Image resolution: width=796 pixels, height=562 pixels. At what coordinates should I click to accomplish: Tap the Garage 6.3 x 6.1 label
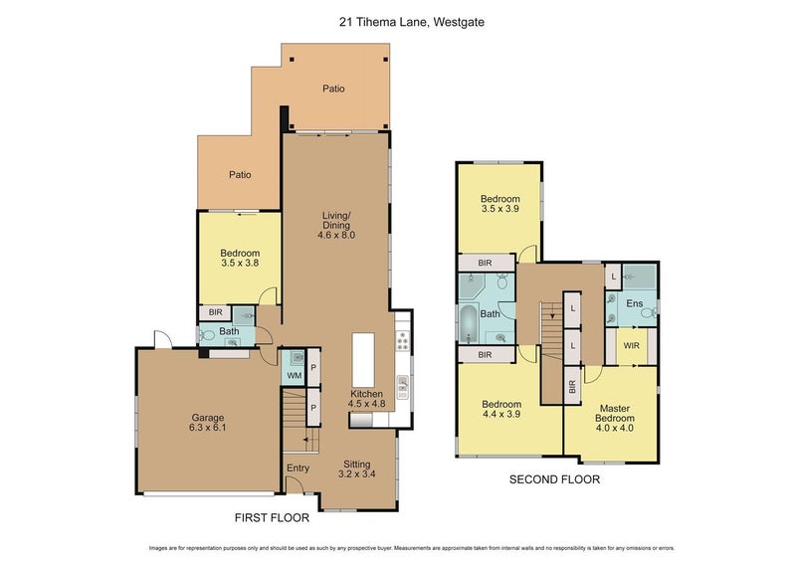[x=208, y=423]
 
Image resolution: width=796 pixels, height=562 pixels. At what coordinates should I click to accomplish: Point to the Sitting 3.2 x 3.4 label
[x=356, y=468]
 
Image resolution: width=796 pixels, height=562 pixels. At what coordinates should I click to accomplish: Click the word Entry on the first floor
[x=298, y=468]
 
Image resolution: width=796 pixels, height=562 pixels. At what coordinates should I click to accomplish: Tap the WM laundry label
[x=294, y=375]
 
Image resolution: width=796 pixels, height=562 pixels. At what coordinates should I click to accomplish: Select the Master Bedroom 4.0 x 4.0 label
[x=616, y=414]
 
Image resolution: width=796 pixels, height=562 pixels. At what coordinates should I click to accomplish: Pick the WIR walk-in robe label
[x=632, y=345]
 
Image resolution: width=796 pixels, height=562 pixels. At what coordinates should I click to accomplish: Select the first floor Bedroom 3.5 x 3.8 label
[x=240, y=259]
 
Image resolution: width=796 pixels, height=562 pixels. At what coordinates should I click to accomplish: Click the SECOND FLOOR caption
[x=554, y=479]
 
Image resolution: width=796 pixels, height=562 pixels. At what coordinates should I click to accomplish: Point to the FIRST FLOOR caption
[x=271, y=517]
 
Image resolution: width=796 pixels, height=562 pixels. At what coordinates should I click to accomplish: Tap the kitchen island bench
[x=364, y=361]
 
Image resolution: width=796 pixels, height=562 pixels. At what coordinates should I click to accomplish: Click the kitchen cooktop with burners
[x=401, y=341]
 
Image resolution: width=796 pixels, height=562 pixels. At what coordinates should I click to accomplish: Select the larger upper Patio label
[x=333, y=89]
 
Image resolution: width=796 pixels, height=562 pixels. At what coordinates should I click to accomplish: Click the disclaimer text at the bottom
[x=398, y=548]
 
